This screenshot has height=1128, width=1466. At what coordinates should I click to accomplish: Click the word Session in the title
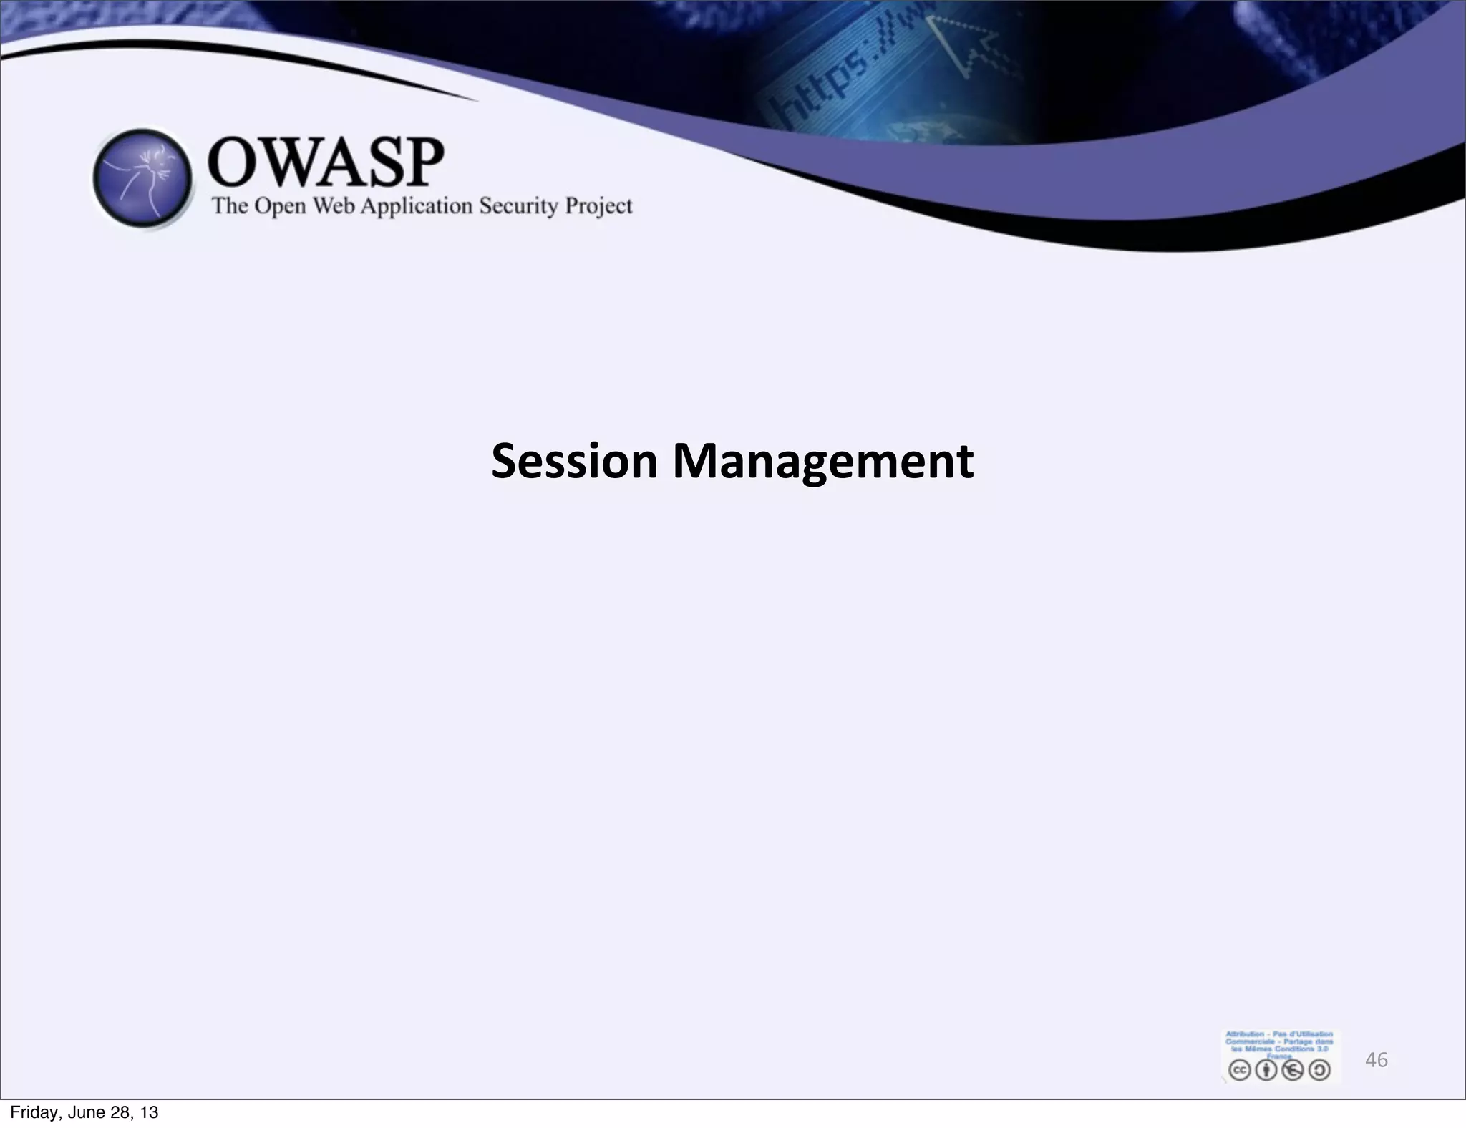pos(573,461)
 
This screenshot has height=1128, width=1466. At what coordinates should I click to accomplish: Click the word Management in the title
pos(822,461)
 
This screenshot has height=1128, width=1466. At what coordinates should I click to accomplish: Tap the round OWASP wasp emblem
pos(143,179)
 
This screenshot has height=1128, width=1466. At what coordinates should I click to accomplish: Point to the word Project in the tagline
pos(598,206)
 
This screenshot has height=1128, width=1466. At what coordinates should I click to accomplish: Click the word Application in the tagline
pos(417,206)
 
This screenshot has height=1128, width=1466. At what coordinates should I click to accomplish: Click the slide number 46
pos(1376,1060)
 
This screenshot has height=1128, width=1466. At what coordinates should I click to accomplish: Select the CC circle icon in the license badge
pos(1240,1070)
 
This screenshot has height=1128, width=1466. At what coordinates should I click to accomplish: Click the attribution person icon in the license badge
pos(1266,1070)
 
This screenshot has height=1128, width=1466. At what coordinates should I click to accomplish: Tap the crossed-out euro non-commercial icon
pos(1293,1070)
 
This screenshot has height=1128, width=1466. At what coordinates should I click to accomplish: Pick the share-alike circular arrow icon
pos(1319,1070)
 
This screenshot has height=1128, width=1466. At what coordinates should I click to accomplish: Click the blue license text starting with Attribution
pos(1279,1042)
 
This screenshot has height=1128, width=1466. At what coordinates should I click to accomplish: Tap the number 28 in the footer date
pos(122,1112)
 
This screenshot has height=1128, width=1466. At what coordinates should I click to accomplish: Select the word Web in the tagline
pos(335,206)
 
